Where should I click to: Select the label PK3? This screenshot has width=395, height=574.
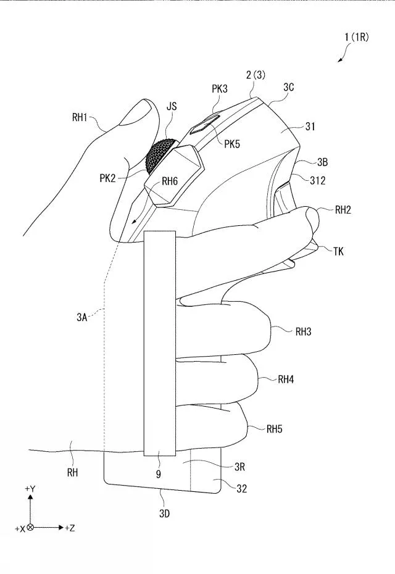tap(220, 89)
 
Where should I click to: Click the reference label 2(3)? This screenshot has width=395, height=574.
tap(256, 75)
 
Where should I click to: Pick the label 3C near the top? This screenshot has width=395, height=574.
tap(288, 88)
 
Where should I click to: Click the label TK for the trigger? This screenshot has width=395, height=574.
tap(338, 251)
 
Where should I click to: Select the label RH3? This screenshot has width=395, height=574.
tap(303, 331)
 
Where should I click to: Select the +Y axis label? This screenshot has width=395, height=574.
tap(30, 489)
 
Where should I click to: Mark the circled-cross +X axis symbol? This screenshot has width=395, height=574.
tap(30, 528)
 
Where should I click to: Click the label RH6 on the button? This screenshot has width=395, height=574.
tap(170, 181)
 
